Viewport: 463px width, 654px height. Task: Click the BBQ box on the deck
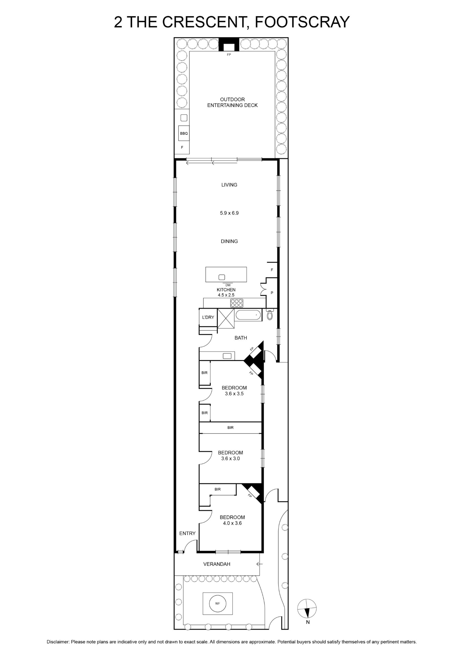[x=184, y=133]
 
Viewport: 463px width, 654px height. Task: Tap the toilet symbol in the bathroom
[x=270, y=314]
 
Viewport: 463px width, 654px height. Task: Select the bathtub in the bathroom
[x=248, y=315]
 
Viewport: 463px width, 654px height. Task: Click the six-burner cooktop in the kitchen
[x=237, y=303]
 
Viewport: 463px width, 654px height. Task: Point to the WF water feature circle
[x=218, y=603]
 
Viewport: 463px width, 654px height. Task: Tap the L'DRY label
[x=208, y=317]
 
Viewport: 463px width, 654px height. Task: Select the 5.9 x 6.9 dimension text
[x=229, y=213]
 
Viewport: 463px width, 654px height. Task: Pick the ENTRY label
[x=187, y=533]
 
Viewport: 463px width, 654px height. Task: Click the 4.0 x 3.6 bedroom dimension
[x=232, y=523]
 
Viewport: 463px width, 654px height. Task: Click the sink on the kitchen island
[x=222, y=277]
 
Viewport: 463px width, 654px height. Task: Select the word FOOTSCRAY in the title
[x=302, y=22]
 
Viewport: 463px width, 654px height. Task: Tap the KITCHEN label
[x=226, y=290]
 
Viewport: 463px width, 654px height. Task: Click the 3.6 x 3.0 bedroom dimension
[x=231, y=459]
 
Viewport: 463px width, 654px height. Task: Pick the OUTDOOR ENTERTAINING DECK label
[x=232, y=102]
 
